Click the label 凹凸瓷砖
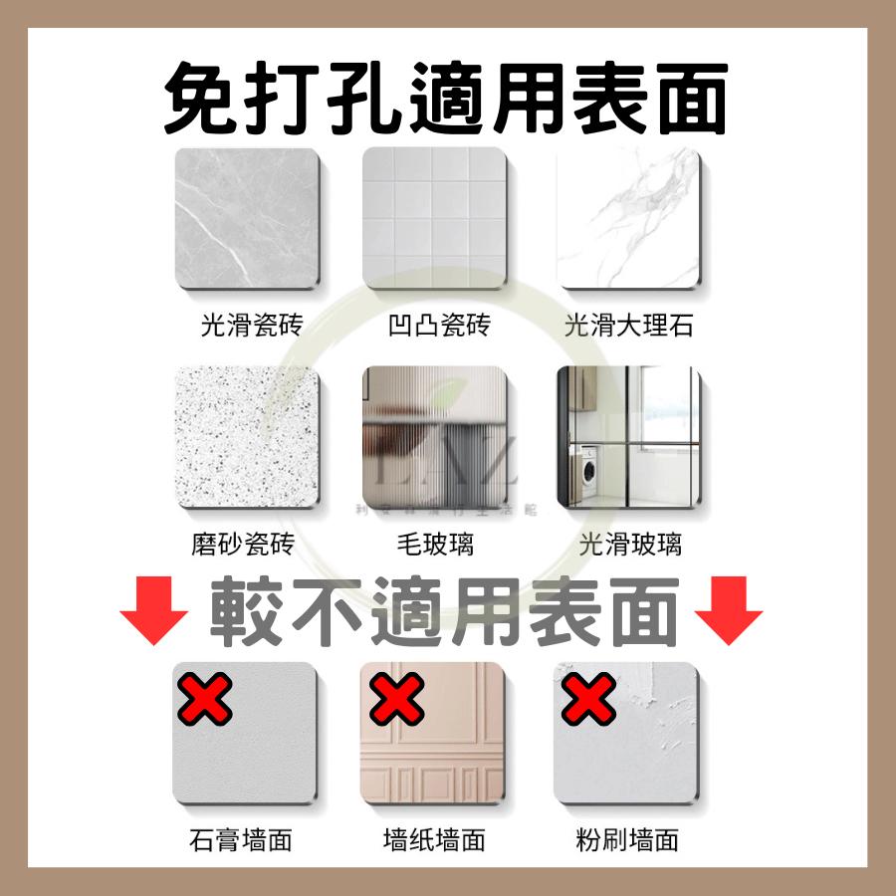pos(439,326)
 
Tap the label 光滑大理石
pos(628,326)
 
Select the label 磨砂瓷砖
pos(242,545)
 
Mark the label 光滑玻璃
pos(629,545)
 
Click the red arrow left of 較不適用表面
pos(154,610)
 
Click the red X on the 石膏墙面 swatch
pos(205,699)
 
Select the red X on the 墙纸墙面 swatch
pos(397,699)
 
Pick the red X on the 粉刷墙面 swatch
pos(589,699)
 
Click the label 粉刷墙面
pos(627,839)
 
